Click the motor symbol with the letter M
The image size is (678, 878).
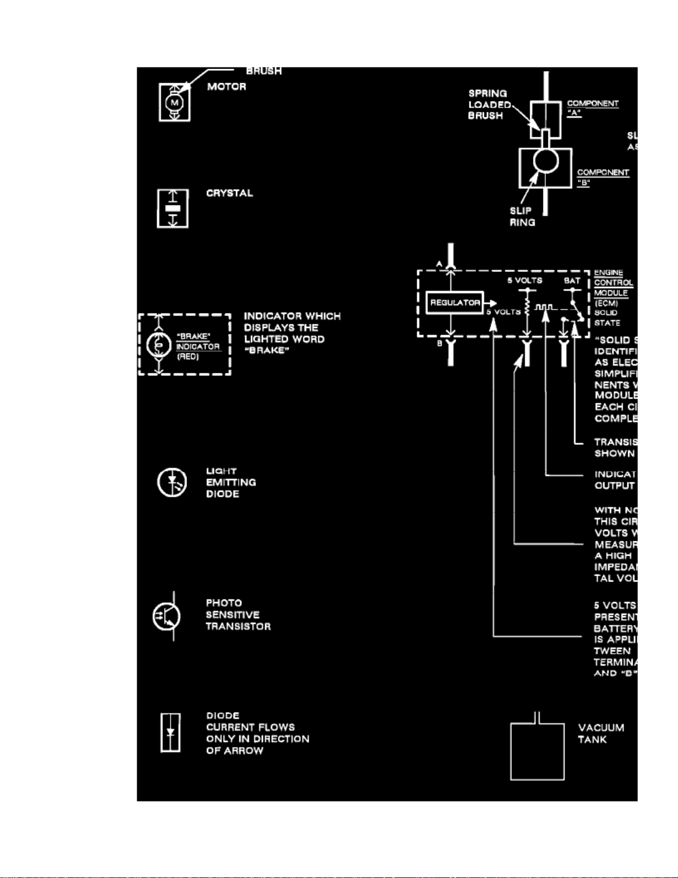coord(175,102)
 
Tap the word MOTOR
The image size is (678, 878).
coord(226,86)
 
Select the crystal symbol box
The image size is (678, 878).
coord(173,208)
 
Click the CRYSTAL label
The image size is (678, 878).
coord(229,193)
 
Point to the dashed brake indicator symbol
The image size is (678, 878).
coord(184,345)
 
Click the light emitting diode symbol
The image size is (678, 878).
coord(172,482)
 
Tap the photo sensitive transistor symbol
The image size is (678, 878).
coord(167,616)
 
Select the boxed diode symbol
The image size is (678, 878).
coord(170,733)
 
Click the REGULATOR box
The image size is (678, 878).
coord(454,302)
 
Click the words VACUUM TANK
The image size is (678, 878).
coord(601,733)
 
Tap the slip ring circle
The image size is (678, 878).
coord(546,161)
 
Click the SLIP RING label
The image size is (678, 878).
coord(522,217)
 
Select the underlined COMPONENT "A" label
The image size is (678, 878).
coord(592,107)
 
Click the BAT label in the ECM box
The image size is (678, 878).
coord(572,281)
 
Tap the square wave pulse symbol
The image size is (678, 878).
coord(544,307)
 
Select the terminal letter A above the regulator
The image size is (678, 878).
coord(439,264)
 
